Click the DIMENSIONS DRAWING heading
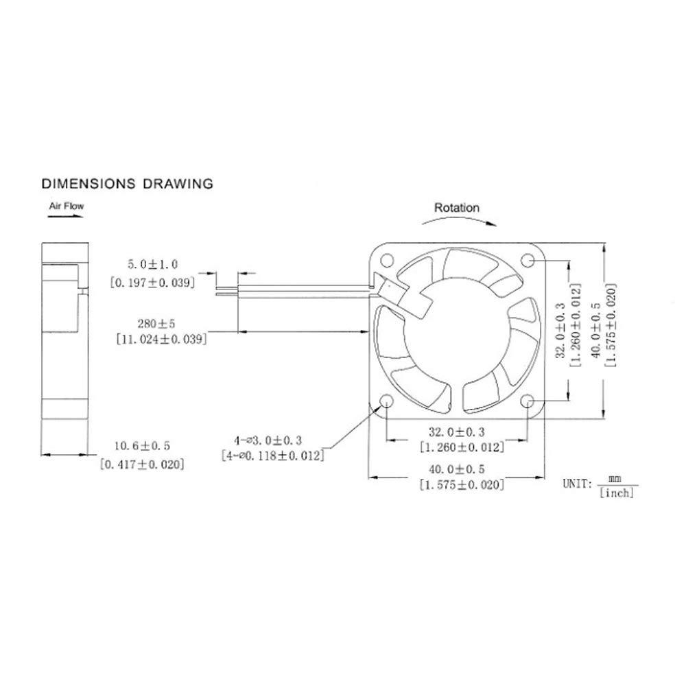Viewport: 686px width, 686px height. click(127, 184)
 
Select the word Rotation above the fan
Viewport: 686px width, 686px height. click(457, 207)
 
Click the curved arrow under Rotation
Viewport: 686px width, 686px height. click(457, 221)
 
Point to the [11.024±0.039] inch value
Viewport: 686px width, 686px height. click(158, 338)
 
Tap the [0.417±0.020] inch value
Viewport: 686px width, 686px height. click(142, 464)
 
